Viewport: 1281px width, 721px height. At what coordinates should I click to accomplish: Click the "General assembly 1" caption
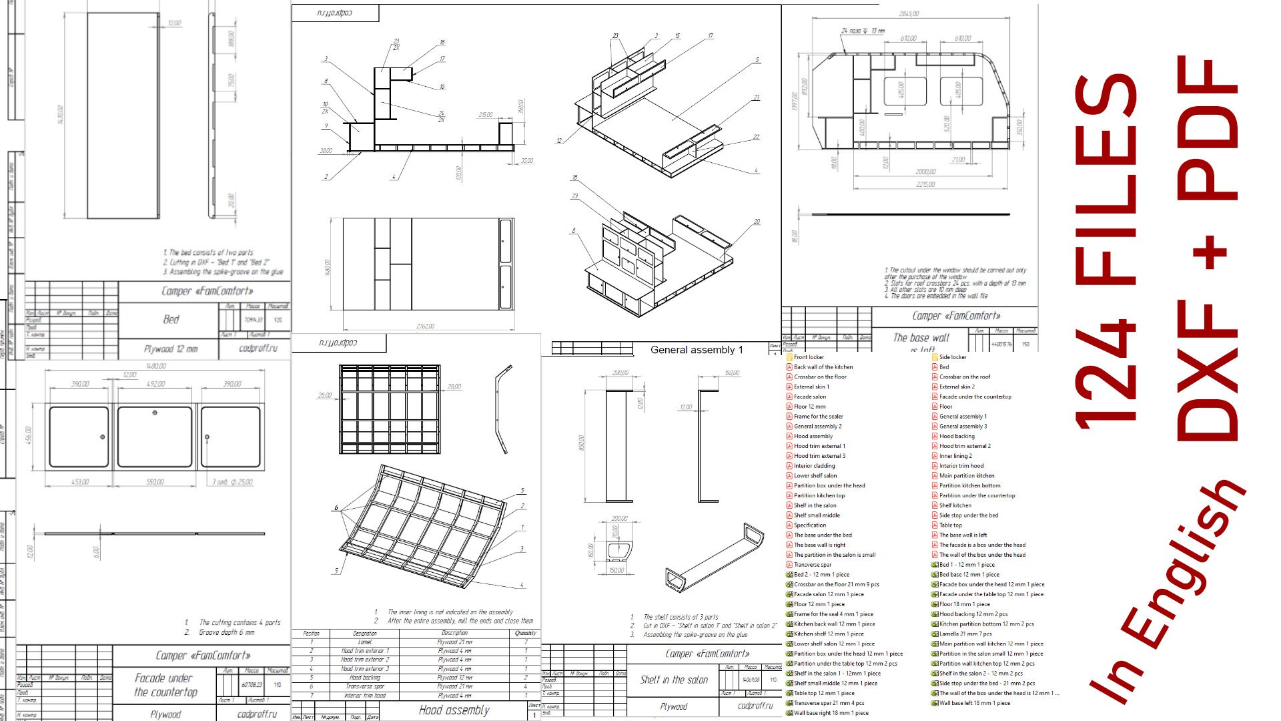point(697,350)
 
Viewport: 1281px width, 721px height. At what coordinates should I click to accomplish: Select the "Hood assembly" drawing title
point(454,710)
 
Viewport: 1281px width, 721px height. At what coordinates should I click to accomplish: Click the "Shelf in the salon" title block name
point(674,680)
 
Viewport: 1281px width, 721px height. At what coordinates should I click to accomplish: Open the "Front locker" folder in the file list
point(809,357)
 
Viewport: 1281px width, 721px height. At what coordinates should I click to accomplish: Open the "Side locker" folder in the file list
point(952,357)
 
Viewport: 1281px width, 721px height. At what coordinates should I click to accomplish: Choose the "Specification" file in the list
point(810,525)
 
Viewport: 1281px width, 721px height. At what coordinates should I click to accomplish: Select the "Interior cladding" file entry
point(814,466)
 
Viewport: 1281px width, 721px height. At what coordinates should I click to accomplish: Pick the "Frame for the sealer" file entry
point(818,417)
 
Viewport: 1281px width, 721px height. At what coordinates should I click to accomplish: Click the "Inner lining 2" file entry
point(955,456)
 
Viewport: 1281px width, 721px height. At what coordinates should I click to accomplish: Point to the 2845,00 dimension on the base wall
point(909,14)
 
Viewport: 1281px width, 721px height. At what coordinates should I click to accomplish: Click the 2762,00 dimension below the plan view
point(425,326)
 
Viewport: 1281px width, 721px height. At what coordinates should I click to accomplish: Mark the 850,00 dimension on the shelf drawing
point(581,443)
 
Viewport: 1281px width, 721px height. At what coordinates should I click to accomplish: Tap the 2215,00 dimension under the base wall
point(925,184)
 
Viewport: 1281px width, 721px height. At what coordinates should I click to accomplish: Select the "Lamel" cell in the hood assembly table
point(364,642)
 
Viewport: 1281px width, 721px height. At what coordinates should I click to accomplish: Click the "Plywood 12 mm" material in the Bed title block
point(171,348)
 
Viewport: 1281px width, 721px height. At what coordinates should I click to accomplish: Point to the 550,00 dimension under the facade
point(155,482)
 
